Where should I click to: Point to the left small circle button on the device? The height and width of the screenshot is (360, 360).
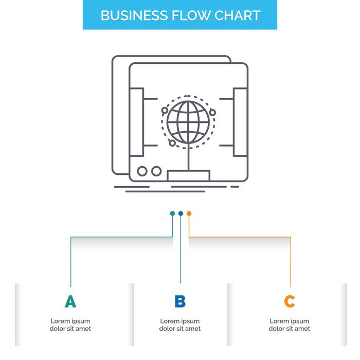(142, 171)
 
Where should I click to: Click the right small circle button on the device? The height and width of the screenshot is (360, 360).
(156, 171)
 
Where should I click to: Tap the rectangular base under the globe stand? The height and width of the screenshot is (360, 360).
(188, 175)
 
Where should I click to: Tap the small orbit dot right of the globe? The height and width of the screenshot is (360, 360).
(212, 110)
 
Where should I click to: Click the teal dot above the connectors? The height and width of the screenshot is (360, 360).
(172, 213)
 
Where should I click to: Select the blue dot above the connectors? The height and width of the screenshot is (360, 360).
(181, 213)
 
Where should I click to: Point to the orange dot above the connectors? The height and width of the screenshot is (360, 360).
(189, 213)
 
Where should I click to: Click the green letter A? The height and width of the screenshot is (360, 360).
(70, 301)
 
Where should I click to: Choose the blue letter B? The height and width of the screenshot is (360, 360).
(180, 301)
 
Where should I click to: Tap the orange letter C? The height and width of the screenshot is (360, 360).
(290, 301)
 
